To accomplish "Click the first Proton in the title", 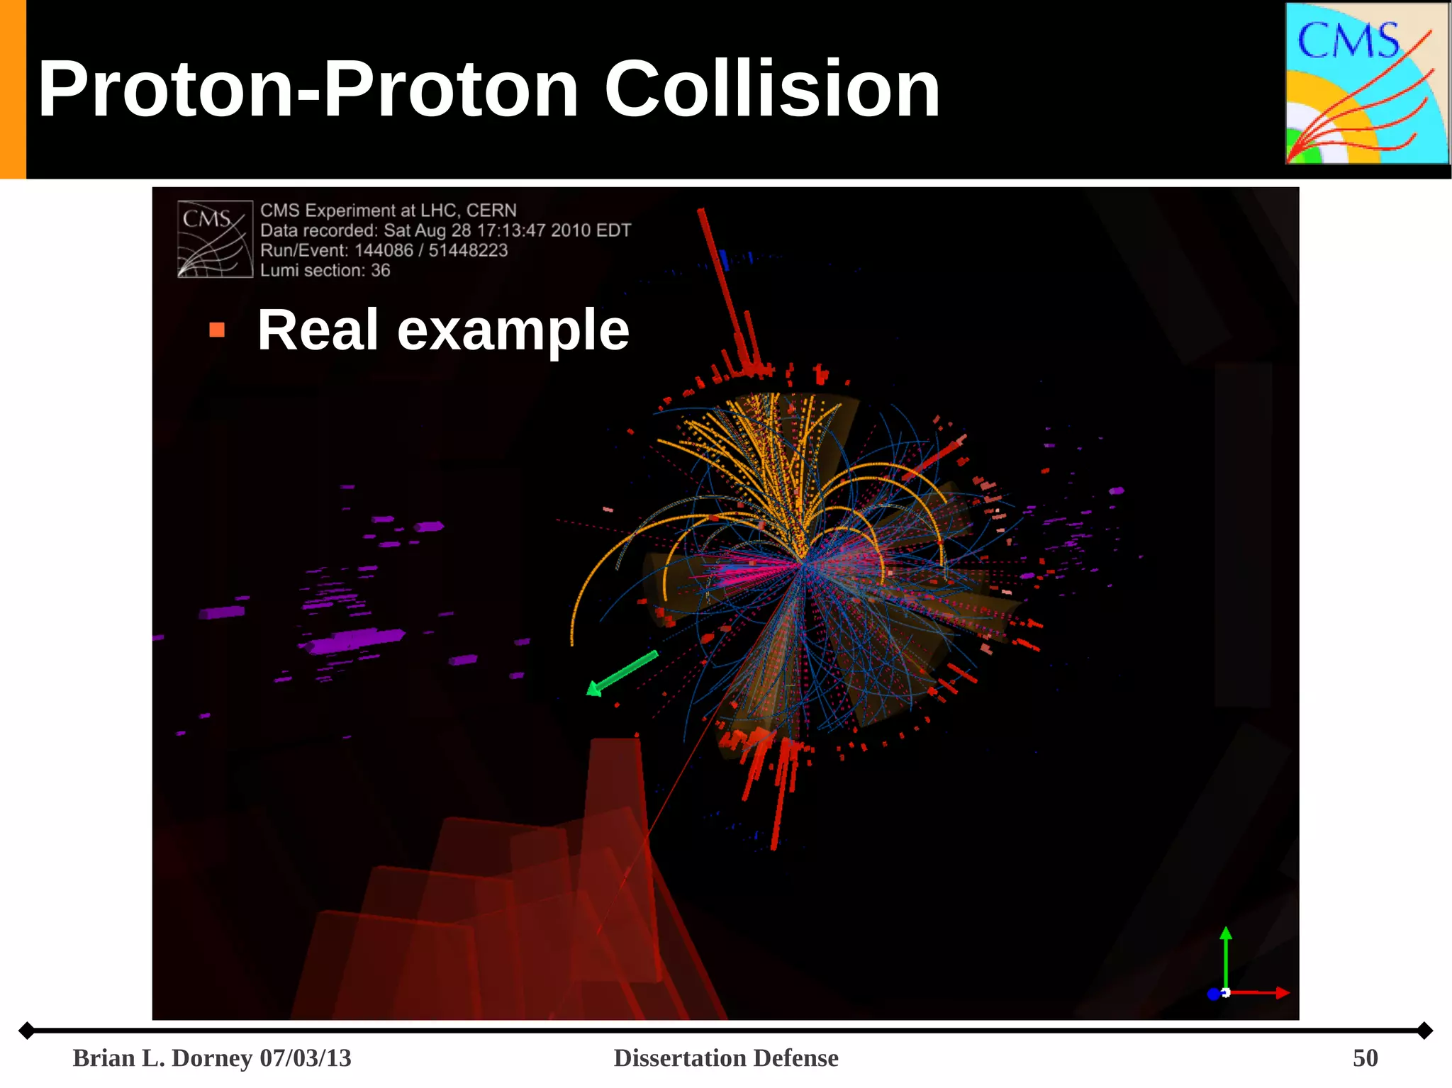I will tap(164, 89).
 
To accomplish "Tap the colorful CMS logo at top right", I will tap(1366, 84).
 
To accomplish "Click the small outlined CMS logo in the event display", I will tap(215, 240).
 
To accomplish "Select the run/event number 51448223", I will tap(468, 251).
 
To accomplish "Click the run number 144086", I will tap(384, 251).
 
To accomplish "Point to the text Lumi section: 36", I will tap(325, 271).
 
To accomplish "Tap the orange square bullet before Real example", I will tap(217, 330).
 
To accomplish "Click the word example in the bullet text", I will tap(513, 330).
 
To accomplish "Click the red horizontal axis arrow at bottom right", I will tap(1262, 993).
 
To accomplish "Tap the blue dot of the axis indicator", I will tap(1213, 994).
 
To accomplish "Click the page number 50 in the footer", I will tap(1365, 1058).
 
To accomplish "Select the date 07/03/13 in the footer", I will tap(306, 1058).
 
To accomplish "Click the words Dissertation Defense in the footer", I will tap(725, 1058).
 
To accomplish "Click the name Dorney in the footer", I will tap(212, 1058).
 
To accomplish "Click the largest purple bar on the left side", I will tap(354, 640).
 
